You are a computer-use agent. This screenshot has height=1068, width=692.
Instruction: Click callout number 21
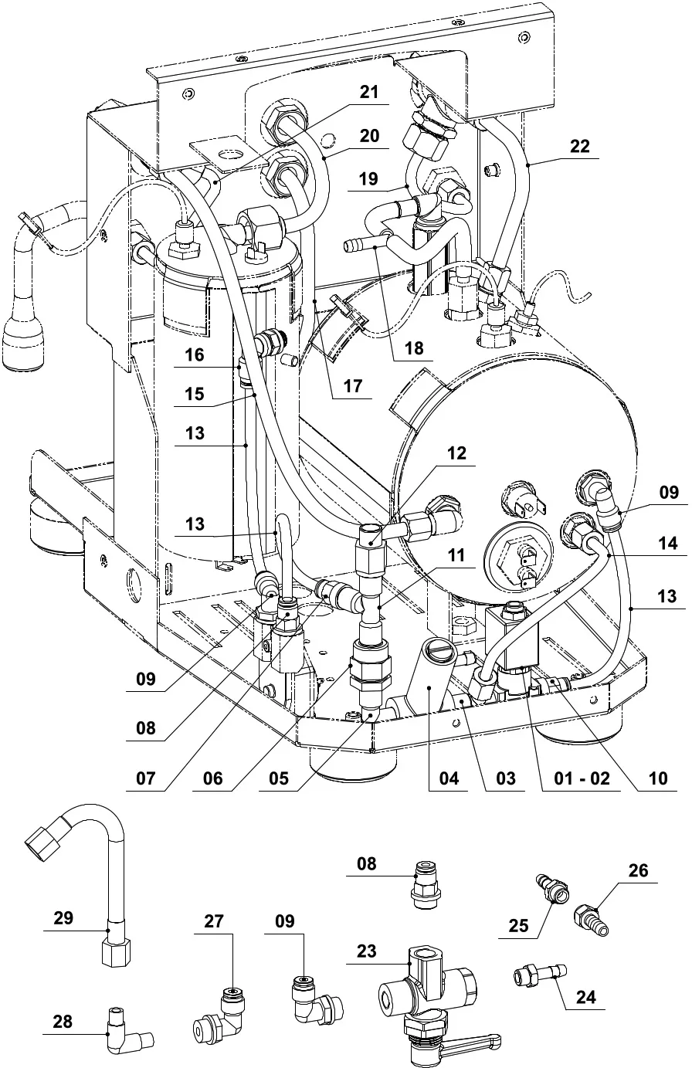click(370, 92)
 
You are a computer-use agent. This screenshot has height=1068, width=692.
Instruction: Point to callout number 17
click(352, 386)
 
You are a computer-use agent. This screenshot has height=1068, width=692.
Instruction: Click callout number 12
click(457, 453)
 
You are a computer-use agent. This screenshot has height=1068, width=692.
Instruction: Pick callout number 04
click(448, 778)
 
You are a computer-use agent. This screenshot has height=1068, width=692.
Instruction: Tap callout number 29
click(63, 918)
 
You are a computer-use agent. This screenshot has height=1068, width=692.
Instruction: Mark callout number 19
click(369, 178)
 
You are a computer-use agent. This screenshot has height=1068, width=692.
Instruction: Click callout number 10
click(658, 778)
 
